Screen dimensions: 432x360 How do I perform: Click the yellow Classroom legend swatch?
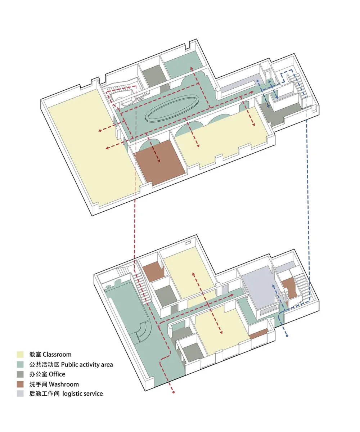pyautogui.click(x=20, y=355)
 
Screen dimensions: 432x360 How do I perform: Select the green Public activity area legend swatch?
pyautogui.click(x=20, y=364)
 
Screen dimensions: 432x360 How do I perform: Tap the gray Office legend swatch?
pyautogui.click(x=20, y=374)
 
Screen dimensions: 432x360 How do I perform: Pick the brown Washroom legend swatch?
pyautogui.click(x=20, y=384)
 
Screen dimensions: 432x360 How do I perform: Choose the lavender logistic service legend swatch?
pyautogui.click(x=20, y=393)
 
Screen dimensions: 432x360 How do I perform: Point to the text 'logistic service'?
pyautogui.click(x=82, y=393)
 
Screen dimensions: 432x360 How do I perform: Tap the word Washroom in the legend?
pyautogui.click(x=64, y=384)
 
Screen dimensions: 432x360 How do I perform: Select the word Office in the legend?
pyautogui.click(x=57, y=374)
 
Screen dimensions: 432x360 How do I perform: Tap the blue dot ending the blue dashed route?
pyautogui.click(x=287, y=336)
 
